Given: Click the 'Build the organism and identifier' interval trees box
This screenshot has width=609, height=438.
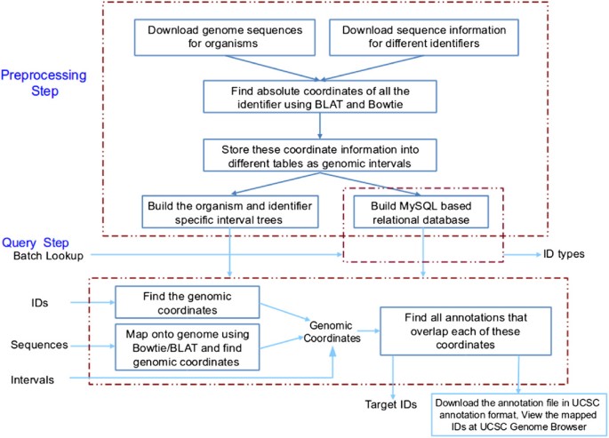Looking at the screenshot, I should (230, 210).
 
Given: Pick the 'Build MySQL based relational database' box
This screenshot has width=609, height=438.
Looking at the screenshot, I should (423, 210).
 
